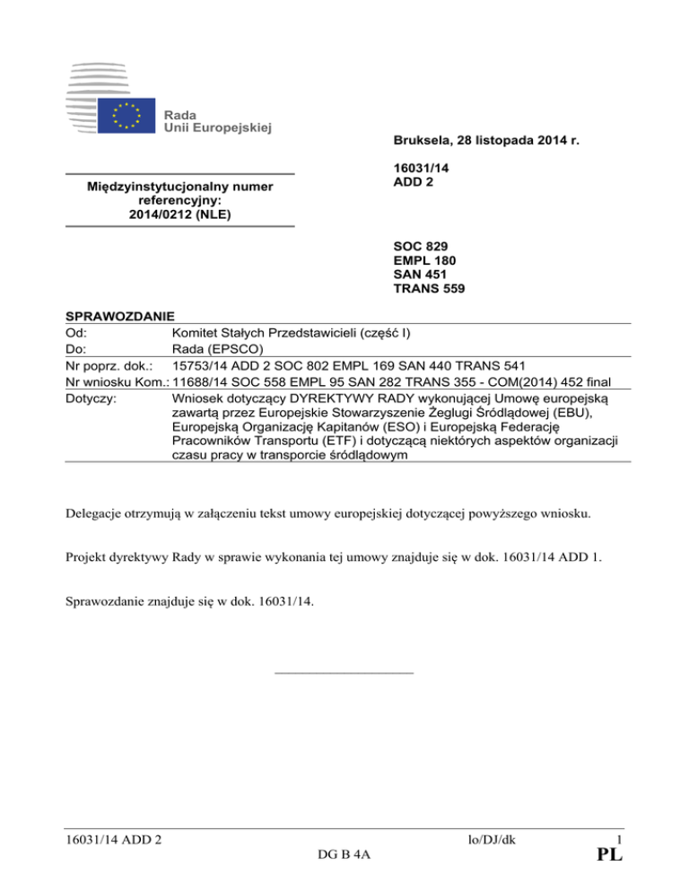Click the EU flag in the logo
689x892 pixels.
tap(126, 118)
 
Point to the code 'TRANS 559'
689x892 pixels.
tap(430, 289)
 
